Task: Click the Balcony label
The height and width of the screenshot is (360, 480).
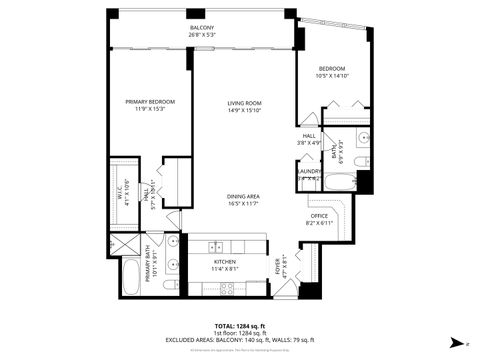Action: pyautogui.click(x=201, y=27)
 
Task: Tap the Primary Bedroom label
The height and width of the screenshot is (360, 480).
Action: pyautogui.click(x=150, y=101)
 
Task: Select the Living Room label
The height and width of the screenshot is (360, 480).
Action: pyautogui.click(x=244, y=102)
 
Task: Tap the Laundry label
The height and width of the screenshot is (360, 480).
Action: pyautogui.click(x=309, y=171)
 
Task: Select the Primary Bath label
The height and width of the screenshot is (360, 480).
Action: pyautogui.click(x=152, y=267)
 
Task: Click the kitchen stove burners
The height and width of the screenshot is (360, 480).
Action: pyautogui.click(x=226, y=288)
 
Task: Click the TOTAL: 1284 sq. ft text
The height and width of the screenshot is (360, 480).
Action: pyautogui.click(x=239, y=326)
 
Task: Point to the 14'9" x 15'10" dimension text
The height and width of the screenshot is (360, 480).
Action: pyautogui.click(x=244, y=110)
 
